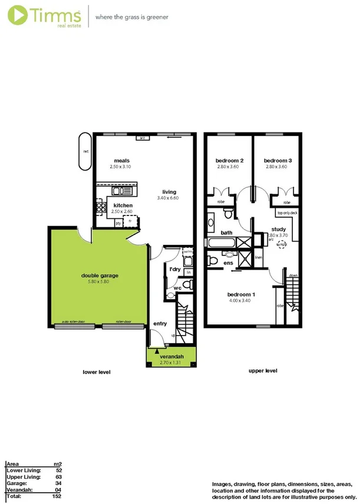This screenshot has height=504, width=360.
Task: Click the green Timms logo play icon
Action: [x=17, y=15]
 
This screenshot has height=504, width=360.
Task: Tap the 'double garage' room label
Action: [x=98, y=275]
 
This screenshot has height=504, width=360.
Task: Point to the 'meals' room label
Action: [x=122, y=161]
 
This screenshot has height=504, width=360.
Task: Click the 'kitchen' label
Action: [x=123, y=205]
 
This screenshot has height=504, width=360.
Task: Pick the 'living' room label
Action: [x=170, y=192]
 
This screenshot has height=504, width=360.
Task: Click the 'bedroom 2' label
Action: [x=229, y=161]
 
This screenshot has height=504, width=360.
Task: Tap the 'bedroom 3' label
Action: [x=278, y=161]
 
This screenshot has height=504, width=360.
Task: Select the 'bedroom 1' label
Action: [x=241, y=294]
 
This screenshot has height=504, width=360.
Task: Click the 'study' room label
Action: [x=279, y=229]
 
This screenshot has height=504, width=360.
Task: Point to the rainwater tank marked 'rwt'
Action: [x=85, y=151]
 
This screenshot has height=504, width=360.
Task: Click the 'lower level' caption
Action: [x=96, y=372]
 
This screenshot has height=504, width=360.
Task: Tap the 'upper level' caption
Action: [x=263, y=371]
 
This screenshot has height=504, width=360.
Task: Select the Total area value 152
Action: [x=56, y=497]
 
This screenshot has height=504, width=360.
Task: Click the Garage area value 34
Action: [x=58, y=483]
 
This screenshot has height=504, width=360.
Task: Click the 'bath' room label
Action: [x=227, y=233]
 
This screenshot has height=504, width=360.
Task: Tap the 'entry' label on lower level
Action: [x=160, y=323]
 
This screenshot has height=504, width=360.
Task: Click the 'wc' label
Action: [x=176, y=288]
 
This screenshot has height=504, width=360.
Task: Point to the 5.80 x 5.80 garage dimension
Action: [x=98, y=281]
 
